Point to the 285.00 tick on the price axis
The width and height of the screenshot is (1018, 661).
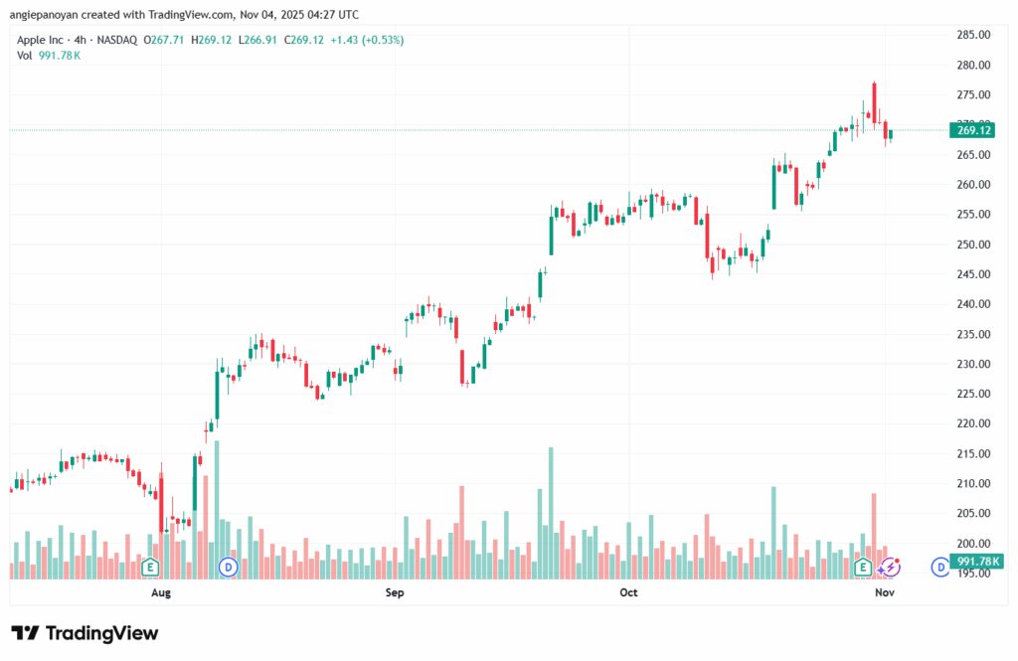tap(973, 35)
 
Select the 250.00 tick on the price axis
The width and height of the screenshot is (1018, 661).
tap(973, 245)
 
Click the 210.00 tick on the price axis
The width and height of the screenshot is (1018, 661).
tap(973, 483)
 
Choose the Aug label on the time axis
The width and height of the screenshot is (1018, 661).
tap(161, 593)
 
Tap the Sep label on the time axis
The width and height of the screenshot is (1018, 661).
tap(395, 593)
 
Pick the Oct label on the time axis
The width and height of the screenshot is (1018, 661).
tap(628, 593)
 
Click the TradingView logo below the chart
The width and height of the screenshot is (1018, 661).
tap(85, 633)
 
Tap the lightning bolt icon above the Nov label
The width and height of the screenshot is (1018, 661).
tap(892, 567)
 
